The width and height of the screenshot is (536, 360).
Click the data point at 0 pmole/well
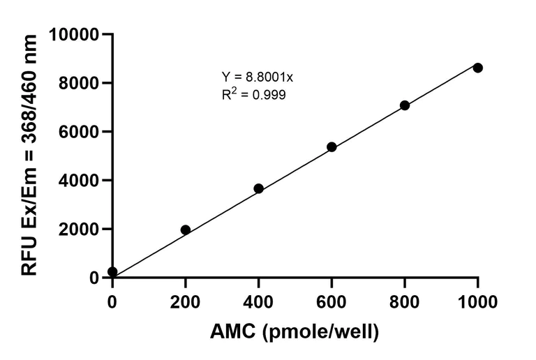112,271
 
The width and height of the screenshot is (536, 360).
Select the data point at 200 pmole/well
186,230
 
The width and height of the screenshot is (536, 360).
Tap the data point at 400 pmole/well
258,188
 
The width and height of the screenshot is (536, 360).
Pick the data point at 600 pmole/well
332,147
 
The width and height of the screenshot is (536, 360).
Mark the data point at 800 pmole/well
405,105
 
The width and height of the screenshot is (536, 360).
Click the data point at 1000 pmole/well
477,68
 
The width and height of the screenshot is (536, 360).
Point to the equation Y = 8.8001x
253,77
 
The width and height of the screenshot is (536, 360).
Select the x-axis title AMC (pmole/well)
295,332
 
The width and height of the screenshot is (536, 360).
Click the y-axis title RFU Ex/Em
29,155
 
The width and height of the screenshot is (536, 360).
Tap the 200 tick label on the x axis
186,301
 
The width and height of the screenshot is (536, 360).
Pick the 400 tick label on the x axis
258,301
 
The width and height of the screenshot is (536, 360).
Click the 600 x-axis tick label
332,301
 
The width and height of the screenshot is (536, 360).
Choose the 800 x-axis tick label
405,301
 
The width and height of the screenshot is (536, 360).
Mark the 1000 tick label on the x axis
477,301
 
